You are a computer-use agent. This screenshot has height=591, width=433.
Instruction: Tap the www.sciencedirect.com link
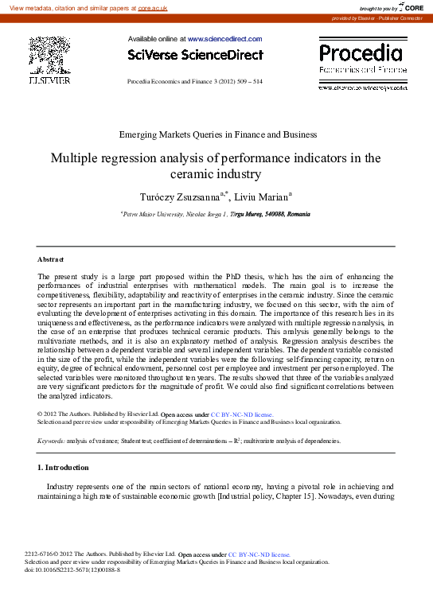[224, 38]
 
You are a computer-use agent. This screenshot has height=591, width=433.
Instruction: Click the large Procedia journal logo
[361, 54]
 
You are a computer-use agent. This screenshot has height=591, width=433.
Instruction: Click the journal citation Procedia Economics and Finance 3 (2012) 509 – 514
[195, 82]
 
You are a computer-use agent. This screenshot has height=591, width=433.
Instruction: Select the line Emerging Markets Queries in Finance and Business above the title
[216, 134]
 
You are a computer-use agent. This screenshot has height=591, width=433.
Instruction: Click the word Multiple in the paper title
[78, 157]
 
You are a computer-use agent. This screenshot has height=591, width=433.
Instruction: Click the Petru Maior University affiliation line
[216, 214]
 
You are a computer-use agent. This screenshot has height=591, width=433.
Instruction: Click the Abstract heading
[51, 259]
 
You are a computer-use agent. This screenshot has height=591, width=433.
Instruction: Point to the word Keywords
[51, 440]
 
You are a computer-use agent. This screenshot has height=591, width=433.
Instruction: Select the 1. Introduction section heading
[64, 467]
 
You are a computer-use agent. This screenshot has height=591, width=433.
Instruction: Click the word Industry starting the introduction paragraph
[63, 485]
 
